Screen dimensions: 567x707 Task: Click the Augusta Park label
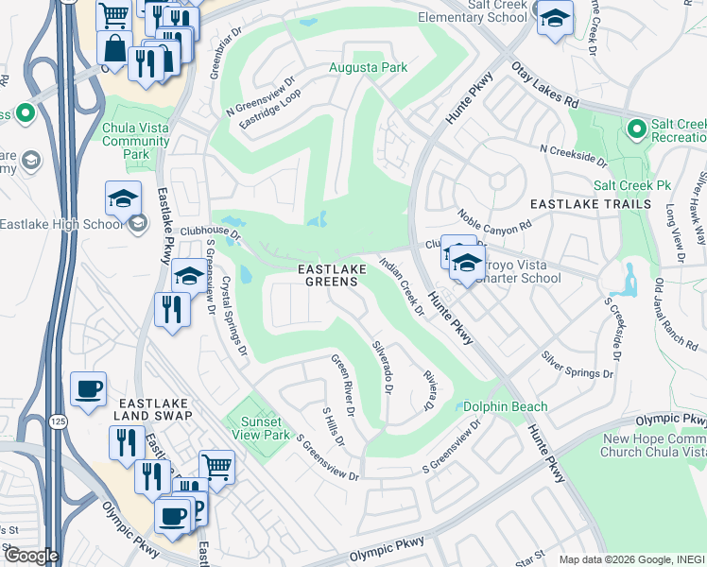368,67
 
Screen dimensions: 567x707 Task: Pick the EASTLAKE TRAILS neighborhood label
590,204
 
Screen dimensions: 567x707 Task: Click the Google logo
31,555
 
